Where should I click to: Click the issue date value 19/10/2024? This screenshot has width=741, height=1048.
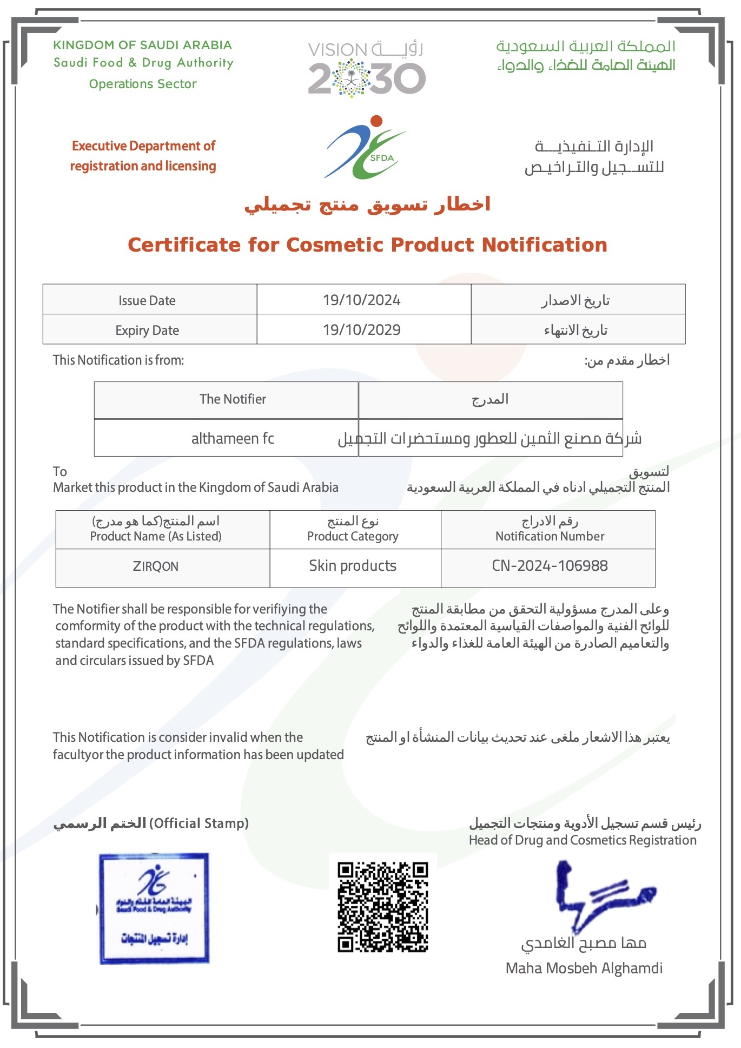click(361, 300)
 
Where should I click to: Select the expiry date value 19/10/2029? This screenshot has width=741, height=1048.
click(361, 329)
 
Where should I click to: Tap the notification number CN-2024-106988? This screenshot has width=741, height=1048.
click(550, 566)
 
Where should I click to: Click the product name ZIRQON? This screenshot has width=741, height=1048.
click(155, 566)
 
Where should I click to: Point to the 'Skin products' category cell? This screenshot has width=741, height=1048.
click(353, 566)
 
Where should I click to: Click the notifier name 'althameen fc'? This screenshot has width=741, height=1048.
click(233, 438)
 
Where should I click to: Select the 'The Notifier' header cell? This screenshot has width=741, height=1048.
click(233, 399)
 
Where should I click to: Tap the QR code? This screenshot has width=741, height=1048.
click(383, 907)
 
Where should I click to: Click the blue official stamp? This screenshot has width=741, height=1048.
click(154, 908)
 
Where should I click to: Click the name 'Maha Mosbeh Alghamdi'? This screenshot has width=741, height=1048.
click(584, 968)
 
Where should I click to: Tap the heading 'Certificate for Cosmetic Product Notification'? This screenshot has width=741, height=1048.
click(367, 245)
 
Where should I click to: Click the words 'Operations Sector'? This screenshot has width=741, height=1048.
click(143, 84)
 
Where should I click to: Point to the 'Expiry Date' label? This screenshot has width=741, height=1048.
click(147, 331)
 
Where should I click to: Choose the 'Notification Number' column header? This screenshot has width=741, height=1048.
click(550, 536)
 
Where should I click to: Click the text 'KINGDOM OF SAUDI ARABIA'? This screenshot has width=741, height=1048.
click(142, 45)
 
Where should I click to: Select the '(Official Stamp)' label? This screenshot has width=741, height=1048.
click(199, 823)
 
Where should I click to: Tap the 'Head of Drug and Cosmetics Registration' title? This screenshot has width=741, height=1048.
click(583, 840)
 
